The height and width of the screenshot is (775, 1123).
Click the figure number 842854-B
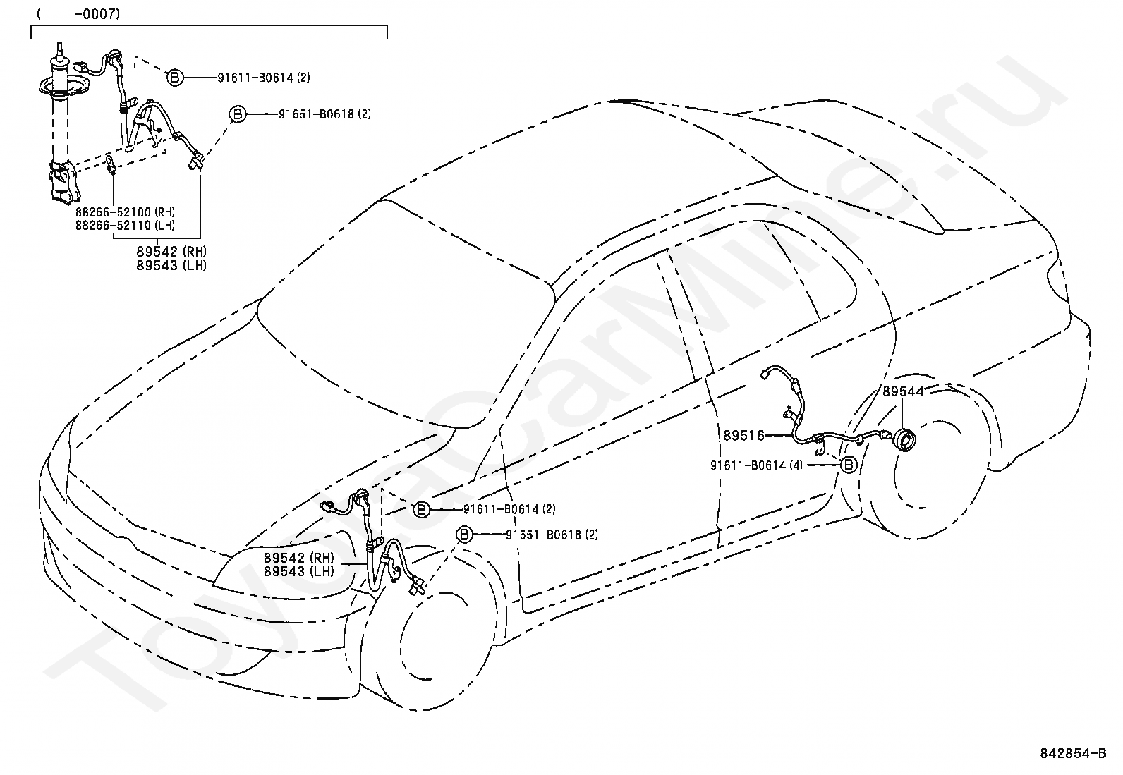[1073, 753]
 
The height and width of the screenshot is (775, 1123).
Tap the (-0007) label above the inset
[78, 14]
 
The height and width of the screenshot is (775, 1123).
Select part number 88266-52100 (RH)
[126, 212]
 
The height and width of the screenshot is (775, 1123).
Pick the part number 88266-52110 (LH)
[126, 226]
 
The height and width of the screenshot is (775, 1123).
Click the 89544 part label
[903, 391]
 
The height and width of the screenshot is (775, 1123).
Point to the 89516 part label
[743, 436]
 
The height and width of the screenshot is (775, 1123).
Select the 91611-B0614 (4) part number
[756, 465]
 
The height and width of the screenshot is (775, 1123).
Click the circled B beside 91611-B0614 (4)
[849, 465]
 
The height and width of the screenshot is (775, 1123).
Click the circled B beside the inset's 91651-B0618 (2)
[238, 114]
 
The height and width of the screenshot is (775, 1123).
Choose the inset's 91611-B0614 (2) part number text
[264, 78]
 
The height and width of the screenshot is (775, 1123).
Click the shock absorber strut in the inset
[59, 126]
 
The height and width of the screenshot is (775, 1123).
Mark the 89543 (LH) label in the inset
[171, 265]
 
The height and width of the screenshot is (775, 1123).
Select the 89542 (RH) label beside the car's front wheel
[299, 557]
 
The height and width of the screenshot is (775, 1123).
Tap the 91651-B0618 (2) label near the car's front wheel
[552, 535]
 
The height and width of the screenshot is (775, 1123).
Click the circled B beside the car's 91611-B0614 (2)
[422, 510]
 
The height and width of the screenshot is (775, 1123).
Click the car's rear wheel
[928, 461]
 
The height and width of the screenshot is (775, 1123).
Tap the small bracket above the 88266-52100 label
[111, 166]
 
